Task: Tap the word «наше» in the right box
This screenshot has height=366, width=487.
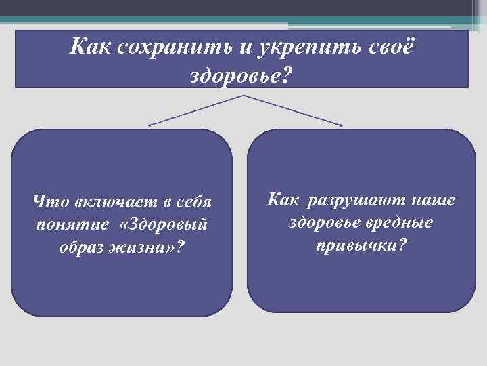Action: [433, 201]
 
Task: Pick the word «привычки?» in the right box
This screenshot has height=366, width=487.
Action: [362, 243]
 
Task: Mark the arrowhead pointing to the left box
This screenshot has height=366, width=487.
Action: [151, 125]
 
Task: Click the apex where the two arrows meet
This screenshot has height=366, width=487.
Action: [244, 96]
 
